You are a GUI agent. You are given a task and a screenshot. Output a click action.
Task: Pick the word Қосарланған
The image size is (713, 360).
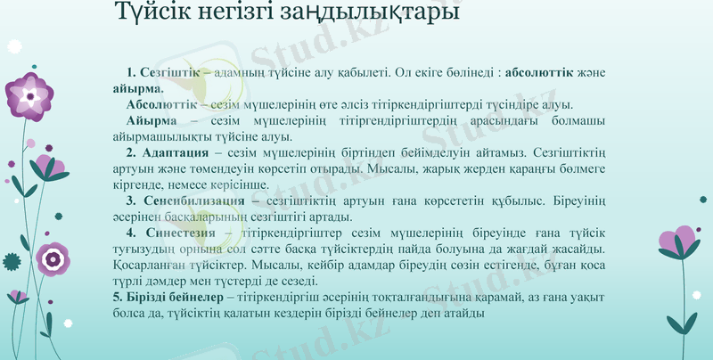coord(152,266)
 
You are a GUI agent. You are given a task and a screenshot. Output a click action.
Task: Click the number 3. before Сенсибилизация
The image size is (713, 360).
coord(131,200)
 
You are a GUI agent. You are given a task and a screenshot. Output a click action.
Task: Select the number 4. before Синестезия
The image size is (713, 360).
coord(131,233)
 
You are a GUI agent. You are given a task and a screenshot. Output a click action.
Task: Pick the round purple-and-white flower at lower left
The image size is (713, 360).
coord(53,259)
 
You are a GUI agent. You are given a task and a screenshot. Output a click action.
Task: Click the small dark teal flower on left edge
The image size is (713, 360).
coord(11,261)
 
